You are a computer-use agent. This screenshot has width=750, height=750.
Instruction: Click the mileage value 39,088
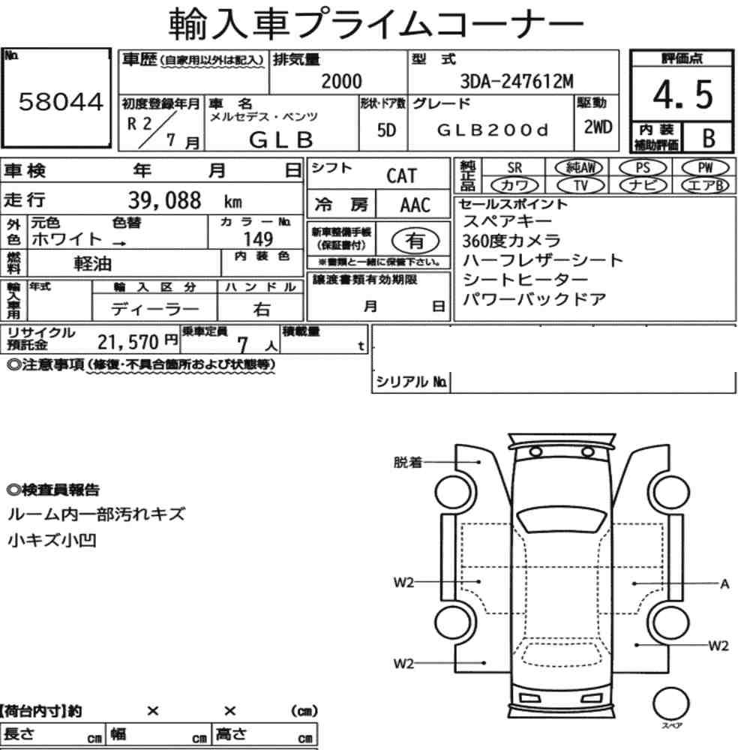[165, 200]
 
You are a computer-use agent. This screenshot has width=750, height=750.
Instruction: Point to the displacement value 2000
[341, 80]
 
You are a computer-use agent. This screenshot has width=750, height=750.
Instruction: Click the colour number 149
[258, 239]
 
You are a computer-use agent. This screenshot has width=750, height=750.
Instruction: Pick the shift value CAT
[406, 176]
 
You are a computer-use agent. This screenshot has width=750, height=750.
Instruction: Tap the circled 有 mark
[411, 241]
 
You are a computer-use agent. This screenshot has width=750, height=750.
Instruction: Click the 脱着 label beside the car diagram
[408, 463]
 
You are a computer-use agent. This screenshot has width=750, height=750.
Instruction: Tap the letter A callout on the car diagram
[724, 583]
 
